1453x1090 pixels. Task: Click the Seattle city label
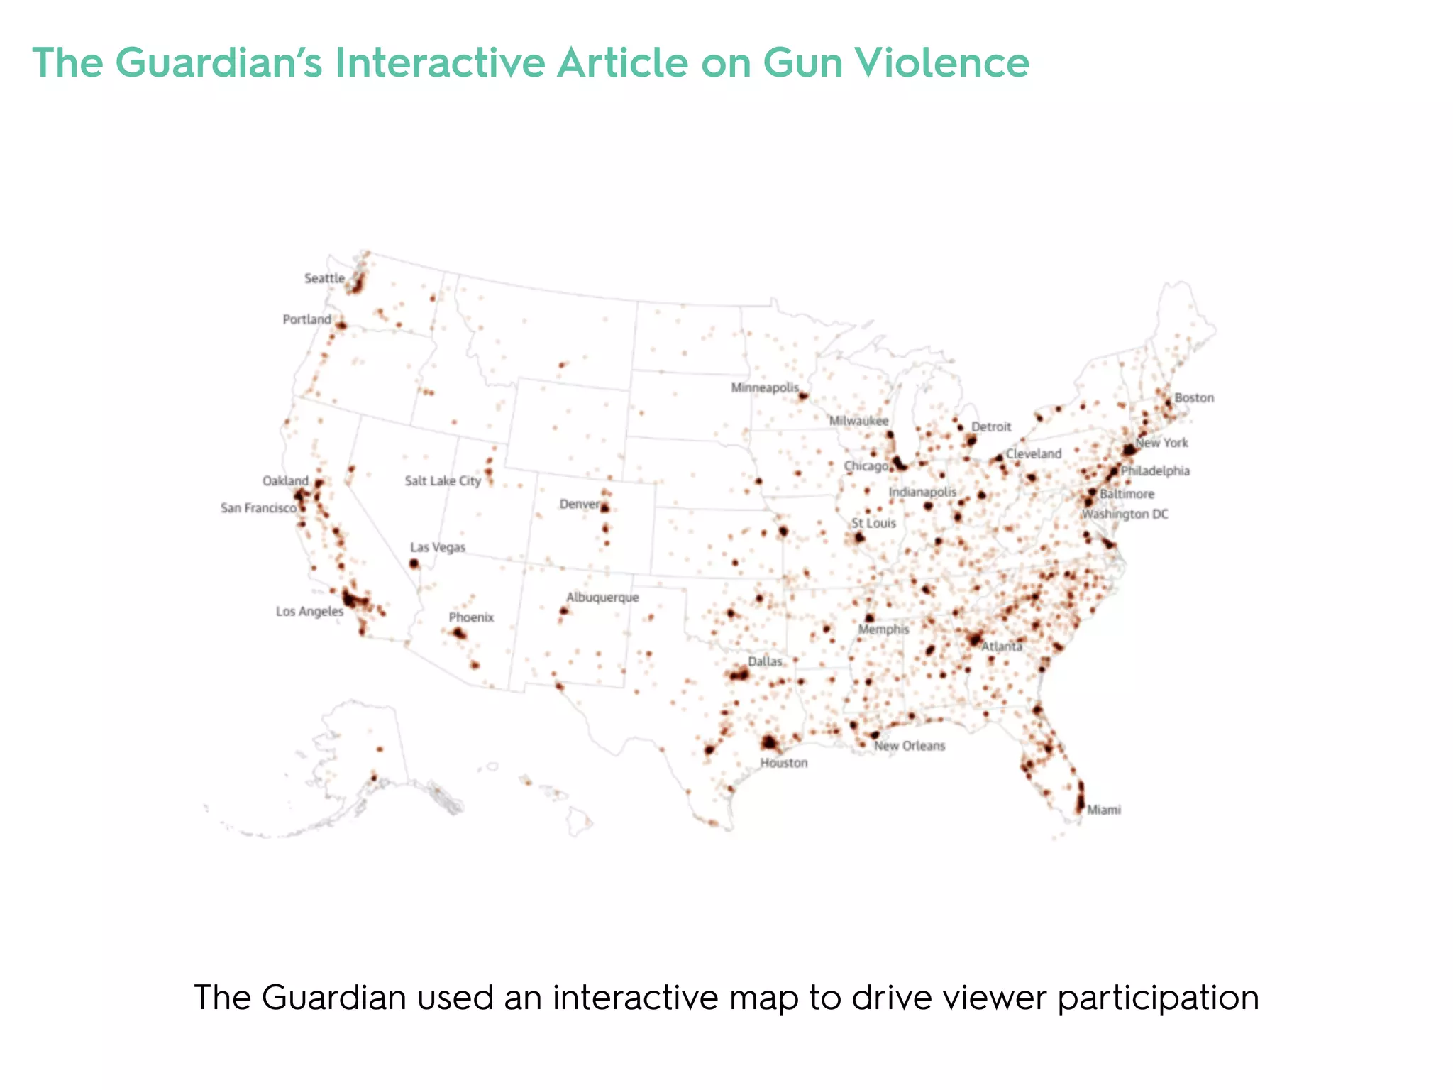[x=324, y=278]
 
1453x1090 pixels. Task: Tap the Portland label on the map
[x=306, y=319]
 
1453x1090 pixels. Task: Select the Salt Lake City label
[x=443, y=481]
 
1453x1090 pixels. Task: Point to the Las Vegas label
[x=438, y=547]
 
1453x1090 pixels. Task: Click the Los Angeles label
[x=309, y=612]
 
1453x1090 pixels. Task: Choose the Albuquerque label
[x=602, y=598]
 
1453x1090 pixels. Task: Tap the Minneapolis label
[x=765, y=388]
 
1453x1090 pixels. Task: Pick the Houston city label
[x=783, y=763]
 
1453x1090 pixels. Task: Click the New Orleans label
[x=910, y=746]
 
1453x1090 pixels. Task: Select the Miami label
[x=1104, y=810]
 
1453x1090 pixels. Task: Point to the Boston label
[x=1194, y=398]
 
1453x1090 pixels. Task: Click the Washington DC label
[x=1125, y=514]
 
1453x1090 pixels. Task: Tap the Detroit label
[x=991, y=426]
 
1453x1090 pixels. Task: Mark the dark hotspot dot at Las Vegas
[x=414, y=563]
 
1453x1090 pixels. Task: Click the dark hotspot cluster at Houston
[x=769, y=743]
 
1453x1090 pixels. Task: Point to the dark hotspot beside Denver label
[x=605, y=507]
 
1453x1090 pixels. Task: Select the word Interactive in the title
[x=440, y=62]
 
